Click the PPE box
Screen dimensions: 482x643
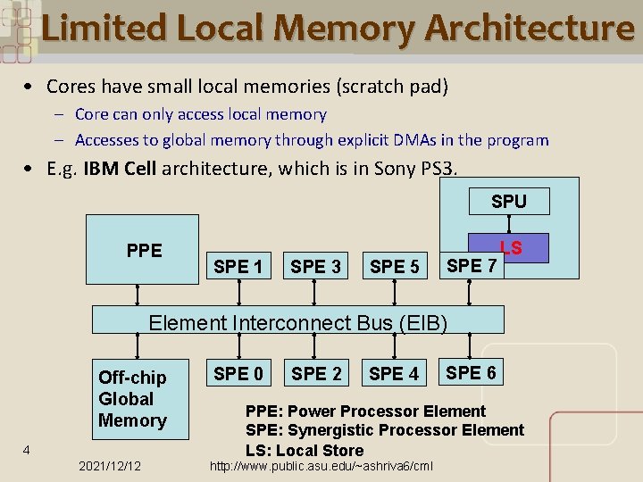click(x=143, y=250)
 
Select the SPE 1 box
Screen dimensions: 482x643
click(x=238, y=266)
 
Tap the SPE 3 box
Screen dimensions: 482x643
click(x=316, y=266)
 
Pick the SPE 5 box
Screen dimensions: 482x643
click(x=394, y=266)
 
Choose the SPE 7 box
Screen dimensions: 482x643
click(x=472, y=264)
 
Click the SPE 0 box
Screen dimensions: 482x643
click(x=238, y=373)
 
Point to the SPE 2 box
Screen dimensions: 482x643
click(x=316, y=373)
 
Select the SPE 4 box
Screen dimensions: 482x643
click(x=394, y=373)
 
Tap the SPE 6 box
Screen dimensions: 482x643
click(x=472, y=372)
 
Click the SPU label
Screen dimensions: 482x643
click(x=509, y=202)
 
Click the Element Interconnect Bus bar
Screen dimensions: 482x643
click(x=299, y=321)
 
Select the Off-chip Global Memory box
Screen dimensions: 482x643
click(x=133, y=399)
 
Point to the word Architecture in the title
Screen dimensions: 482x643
click(x=530, y=29)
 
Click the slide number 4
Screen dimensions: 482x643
click(x=27, y=450)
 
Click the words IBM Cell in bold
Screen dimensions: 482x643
click(x=120, y=169)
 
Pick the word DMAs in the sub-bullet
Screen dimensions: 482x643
click(x=377, y=140)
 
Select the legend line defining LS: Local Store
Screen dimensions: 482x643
click(x=305, y=450)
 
